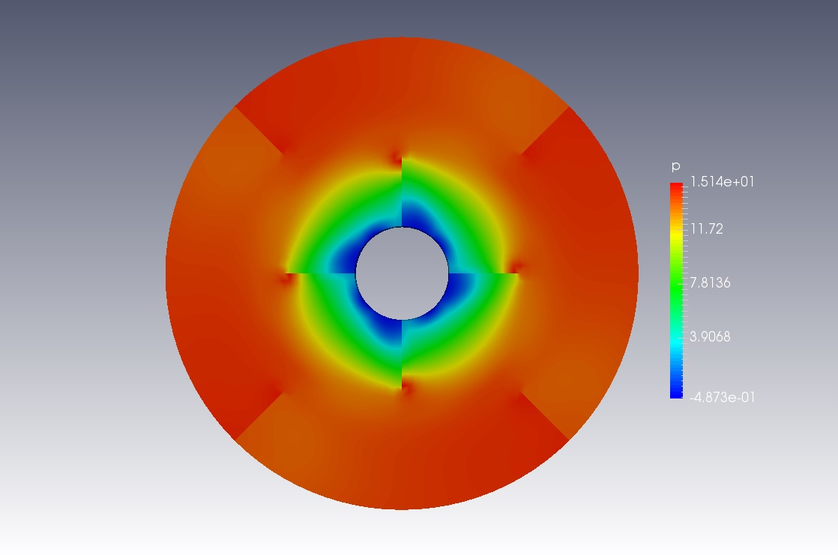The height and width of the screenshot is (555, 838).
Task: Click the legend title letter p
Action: pyautogui.click(x=675, y=166)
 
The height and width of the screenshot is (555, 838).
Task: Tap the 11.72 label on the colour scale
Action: pyautogui.click(x=706, y=229)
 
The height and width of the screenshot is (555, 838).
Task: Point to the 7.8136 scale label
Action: pyautogui.click(x=710, y=283)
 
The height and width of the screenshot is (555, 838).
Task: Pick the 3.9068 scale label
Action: pyautogui.click(x=710, y=337)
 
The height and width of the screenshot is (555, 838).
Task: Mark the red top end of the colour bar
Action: pyautogui.click(x=676, y=187)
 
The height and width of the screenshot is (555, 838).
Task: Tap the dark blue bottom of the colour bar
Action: pyautogui.click(x=676, y=392)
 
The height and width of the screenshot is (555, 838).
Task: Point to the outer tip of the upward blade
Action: pyautogui.click(x=402, y=157)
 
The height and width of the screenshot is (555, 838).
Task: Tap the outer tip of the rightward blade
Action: pyautogui.click(x=518, y=273)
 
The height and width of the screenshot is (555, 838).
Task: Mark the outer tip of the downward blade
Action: pyautogui.click(x=402, y=388)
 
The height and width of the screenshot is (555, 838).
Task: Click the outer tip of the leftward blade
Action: pyautogui.click(x=286, y=273)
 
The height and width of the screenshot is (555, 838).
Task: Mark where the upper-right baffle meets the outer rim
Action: pyautogui.click(x=569, y=107)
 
